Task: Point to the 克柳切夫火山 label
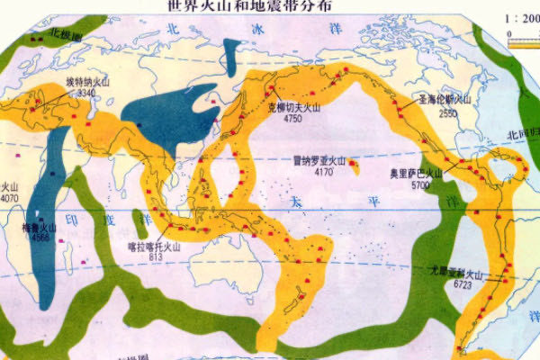click(297, 105)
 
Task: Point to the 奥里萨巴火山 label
click(416, 173)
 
